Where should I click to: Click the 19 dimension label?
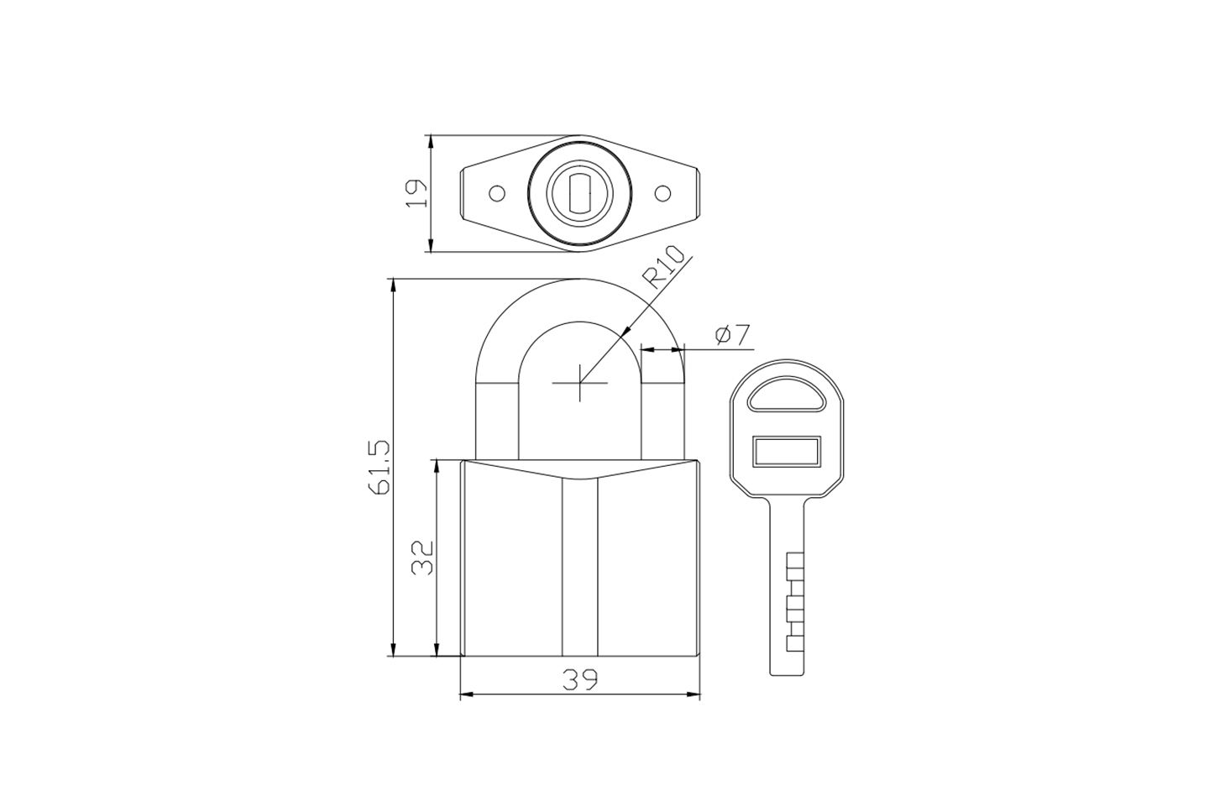coord(417,194)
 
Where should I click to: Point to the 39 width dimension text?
coord(580,680)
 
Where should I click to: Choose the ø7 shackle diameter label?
coord(733,335)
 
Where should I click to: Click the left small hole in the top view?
coord(496,193)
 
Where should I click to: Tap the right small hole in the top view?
coord(662,193)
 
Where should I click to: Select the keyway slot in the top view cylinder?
coord(579,193)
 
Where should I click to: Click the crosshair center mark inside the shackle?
coord(579,383)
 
